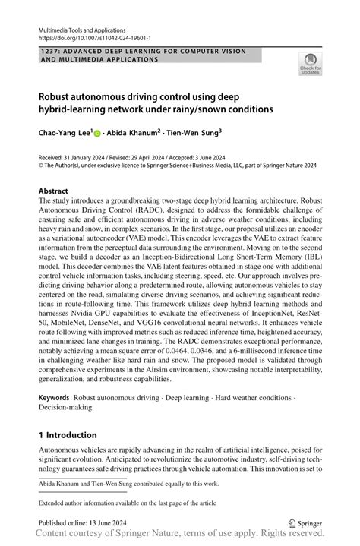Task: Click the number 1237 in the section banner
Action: pyautogui.click(x=47, y=50)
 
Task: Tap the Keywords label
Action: pyautogui.click(x=55, y=399)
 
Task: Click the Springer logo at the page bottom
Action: pyautogui.click(x=303, y=522)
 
